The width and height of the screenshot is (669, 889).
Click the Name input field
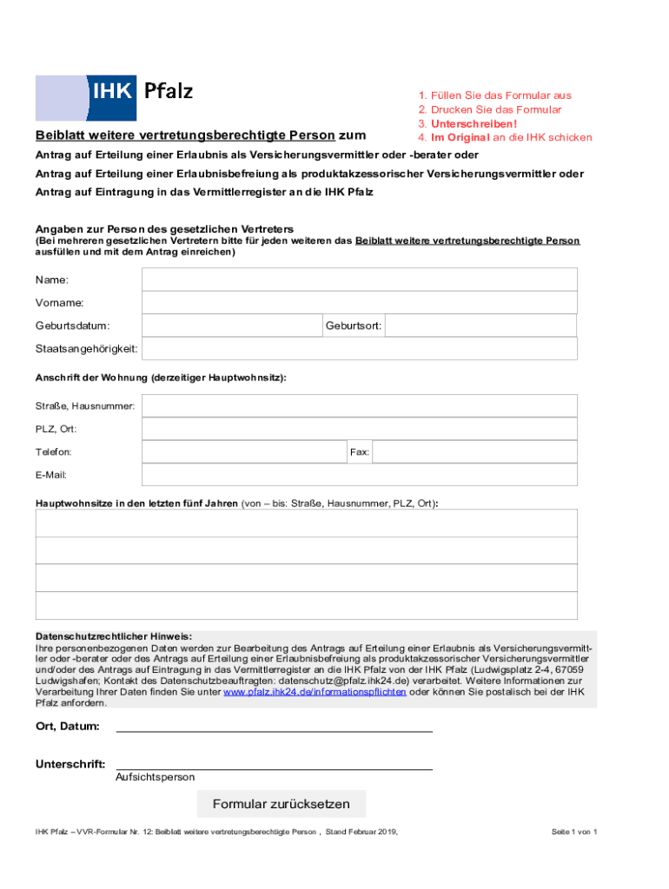coord(359,280)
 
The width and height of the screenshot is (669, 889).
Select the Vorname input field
coord(359,302)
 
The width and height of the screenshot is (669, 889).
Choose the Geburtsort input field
coord(480,326)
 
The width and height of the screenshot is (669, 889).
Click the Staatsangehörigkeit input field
coord(359,348)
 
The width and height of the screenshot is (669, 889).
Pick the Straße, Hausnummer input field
coord(359,405)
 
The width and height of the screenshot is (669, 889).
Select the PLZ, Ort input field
coord(359,429)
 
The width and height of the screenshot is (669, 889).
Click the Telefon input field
coord(244,451)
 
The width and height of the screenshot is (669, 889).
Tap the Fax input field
coord(474,451)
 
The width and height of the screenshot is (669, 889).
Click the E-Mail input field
coord(359,475)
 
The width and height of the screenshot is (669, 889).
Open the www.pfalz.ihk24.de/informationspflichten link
coord(315,693)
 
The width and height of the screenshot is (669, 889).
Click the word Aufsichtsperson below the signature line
coord(155,777)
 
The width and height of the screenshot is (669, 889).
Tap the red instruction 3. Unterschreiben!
coord(467,123)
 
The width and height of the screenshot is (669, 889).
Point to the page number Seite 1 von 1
coord(573,832)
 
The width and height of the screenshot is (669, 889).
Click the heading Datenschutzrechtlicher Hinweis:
coord(113,635)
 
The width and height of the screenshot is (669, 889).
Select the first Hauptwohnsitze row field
coord(306,524)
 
